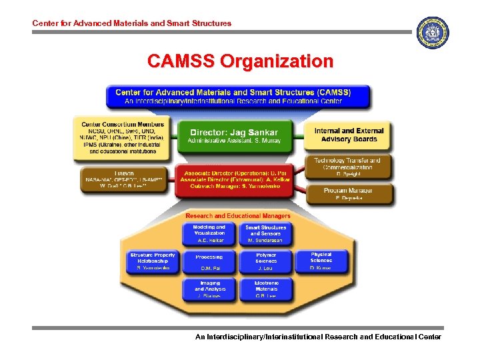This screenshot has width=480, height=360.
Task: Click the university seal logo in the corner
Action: coord(432,33)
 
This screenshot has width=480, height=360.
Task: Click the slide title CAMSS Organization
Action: coord(239,62)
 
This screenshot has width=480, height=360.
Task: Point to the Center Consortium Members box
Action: coord(122,137)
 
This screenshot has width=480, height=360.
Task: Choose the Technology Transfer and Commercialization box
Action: coord(347,167)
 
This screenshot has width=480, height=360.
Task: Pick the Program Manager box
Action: coord(348,194)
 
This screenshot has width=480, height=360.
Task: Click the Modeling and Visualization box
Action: coord(209,233)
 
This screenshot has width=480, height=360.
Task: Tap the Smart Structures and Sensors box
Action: coord(265,233)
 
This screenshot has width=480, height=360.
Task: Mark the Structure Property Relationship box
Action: coord(153,261)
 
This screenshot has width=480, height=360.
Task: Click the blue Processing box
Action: coord(209,261)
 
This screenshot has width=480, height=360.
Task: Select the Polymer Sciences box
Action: coord(265,261)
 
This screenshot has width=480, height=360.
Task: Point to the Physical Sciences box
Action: coord(321,261)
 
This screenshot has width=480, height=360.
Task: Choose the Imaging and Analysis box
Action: coord(209,289)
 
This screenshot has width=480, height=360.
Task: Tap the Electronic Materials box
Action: coord(265,289)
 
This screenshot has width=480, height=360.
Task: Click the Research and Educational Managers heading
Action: coord(237,216)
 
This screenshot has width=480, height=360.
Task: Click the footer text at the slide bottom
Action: coord(317,337)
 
